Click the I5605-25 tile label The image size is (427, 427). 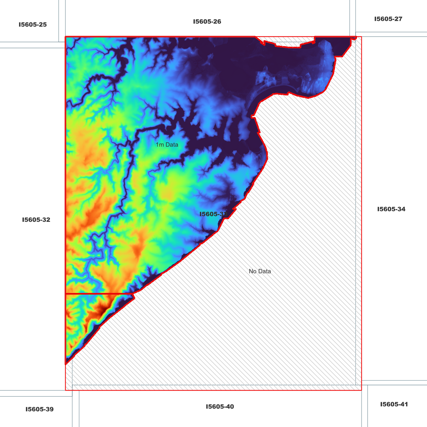pos(33,25)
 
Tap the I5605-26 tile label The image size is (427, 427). pos(207,22)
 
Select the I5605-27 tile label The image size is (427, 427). pos(388,19)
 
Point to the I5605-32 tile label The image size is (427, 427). pos(36,220)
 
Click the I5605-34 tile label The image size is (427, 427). pos(391,209)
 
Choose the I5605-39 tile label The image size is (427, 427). pos(39,409)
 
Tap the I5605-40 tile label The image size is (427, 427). pos(220,407)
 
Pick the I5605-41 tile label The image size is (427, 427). pos(394,404)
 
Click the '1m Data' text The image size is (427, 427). pos(167,145)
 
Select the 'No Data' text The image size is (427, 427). pos(260,271)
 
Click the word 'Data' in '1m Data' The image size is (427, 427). pos(172,145)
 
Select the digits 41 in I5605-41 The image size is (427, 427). pos(404,404)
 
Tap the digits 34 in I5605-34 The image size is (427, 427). pos(401,209)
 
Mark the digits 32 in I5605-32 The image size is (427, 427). pos(46,220)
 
